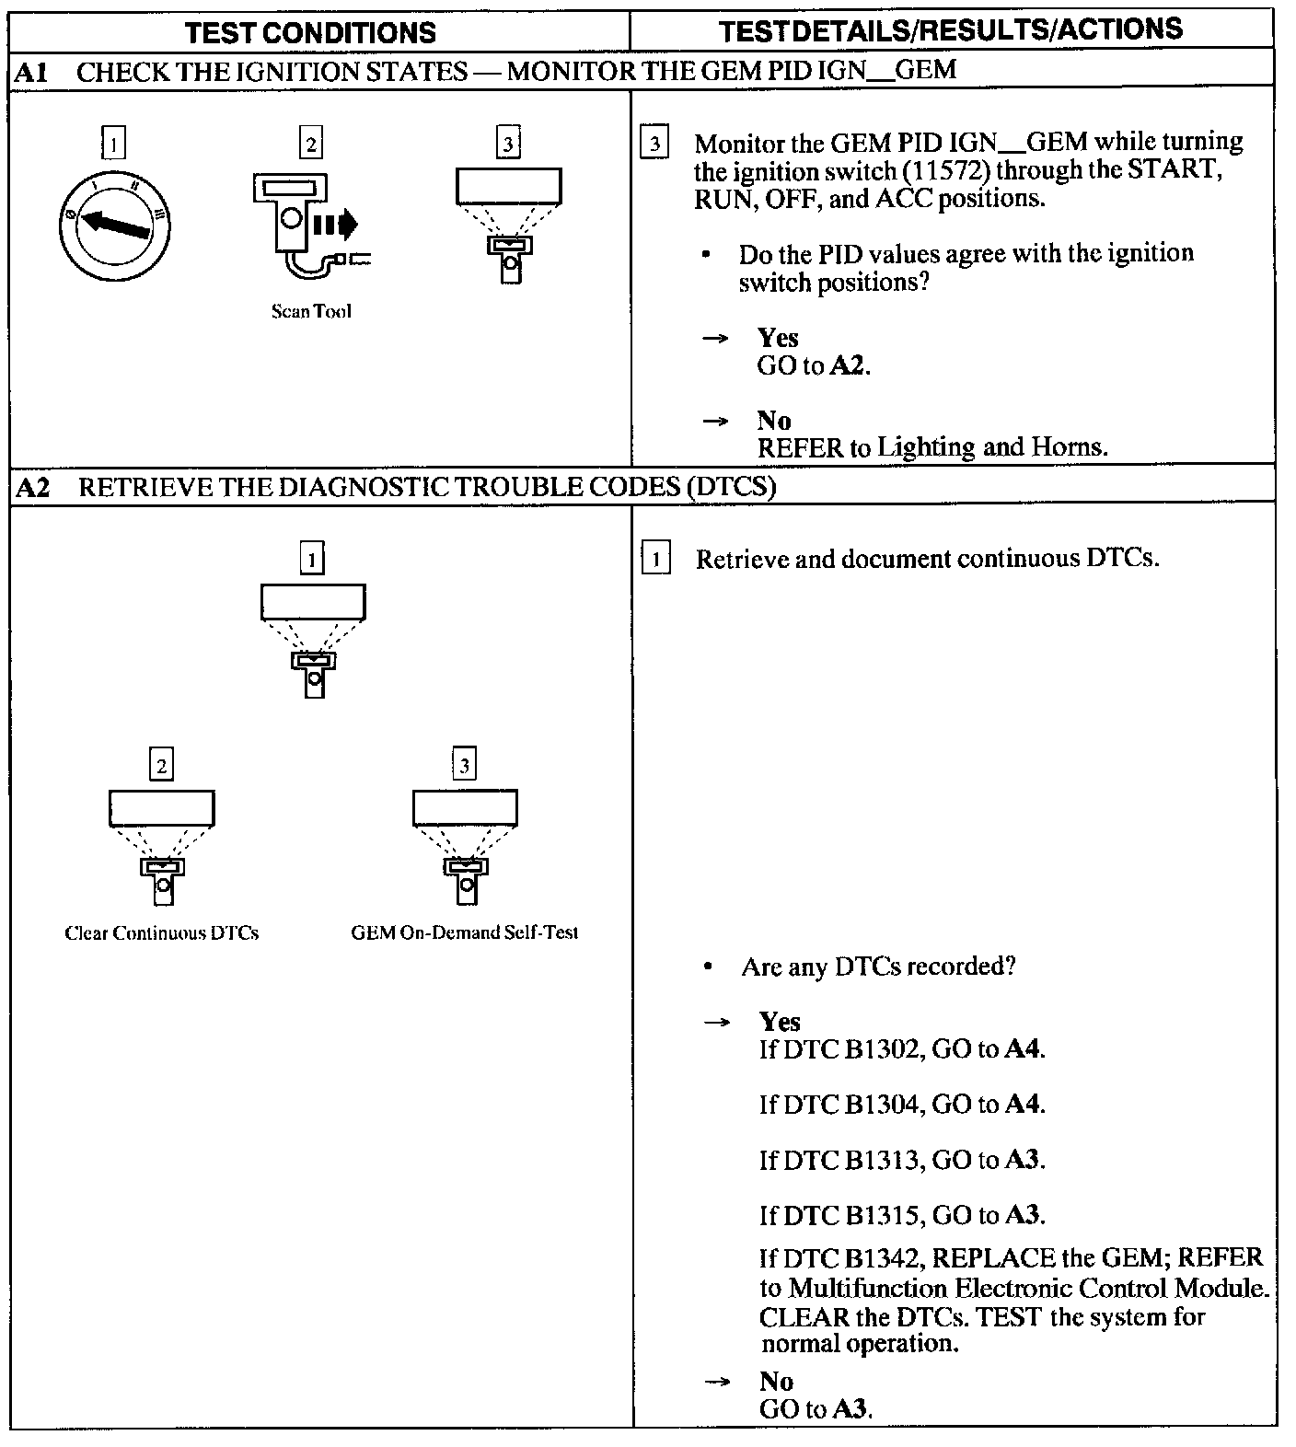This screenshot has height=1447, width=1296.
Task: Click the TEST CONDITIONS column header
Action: coord(310,33)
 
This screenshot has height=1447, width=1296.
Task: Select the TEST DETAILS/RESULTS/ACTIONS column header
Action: coord(951,30)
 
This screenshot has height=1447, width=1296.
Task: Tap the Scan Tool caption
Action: coord(311,311)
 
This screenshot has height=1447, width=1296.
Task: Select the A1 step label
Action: coord(32,72)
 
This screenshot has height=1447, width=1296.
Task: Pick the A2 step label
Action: coord(33,487)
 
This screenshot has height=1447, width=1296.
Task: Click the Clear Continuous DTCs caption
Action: coord(162,932)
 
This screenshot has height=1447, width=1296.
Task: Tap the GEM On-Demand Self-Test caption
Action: coord(465,932)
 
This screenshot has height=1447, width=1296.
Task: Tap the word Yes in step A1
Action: coord(778,338)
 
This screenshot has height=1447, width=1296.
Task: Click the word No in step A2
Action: coord(776,1381)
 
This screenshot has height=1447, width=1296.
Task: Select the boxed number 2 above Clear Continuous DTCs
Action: coord(162,766)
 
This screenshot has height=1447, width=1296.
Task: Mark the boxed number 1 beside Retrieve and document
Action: coord(655,559)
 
